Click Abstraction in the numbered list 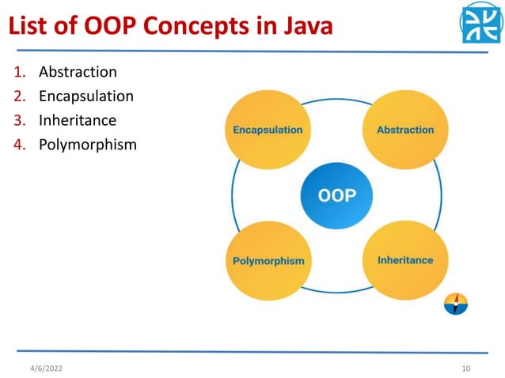[x=78, y=72]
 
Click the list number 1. [x=19, y=73]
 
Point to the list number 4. [x=19, y=145]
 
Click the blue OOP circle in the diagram [x=336, y=195]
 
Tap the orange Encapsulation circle [x=268, y=130]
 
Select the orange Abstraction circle [x=404, y=130]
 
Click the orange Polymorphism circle [x=268, y=260]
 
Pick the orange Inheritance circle [x=404, y=259]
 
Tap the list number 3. [x=19, y=121]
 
